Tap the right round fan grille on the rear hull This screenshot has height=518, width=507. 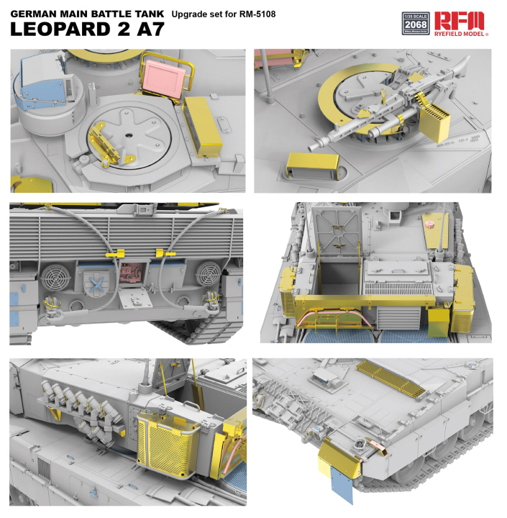coord(207,273)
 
